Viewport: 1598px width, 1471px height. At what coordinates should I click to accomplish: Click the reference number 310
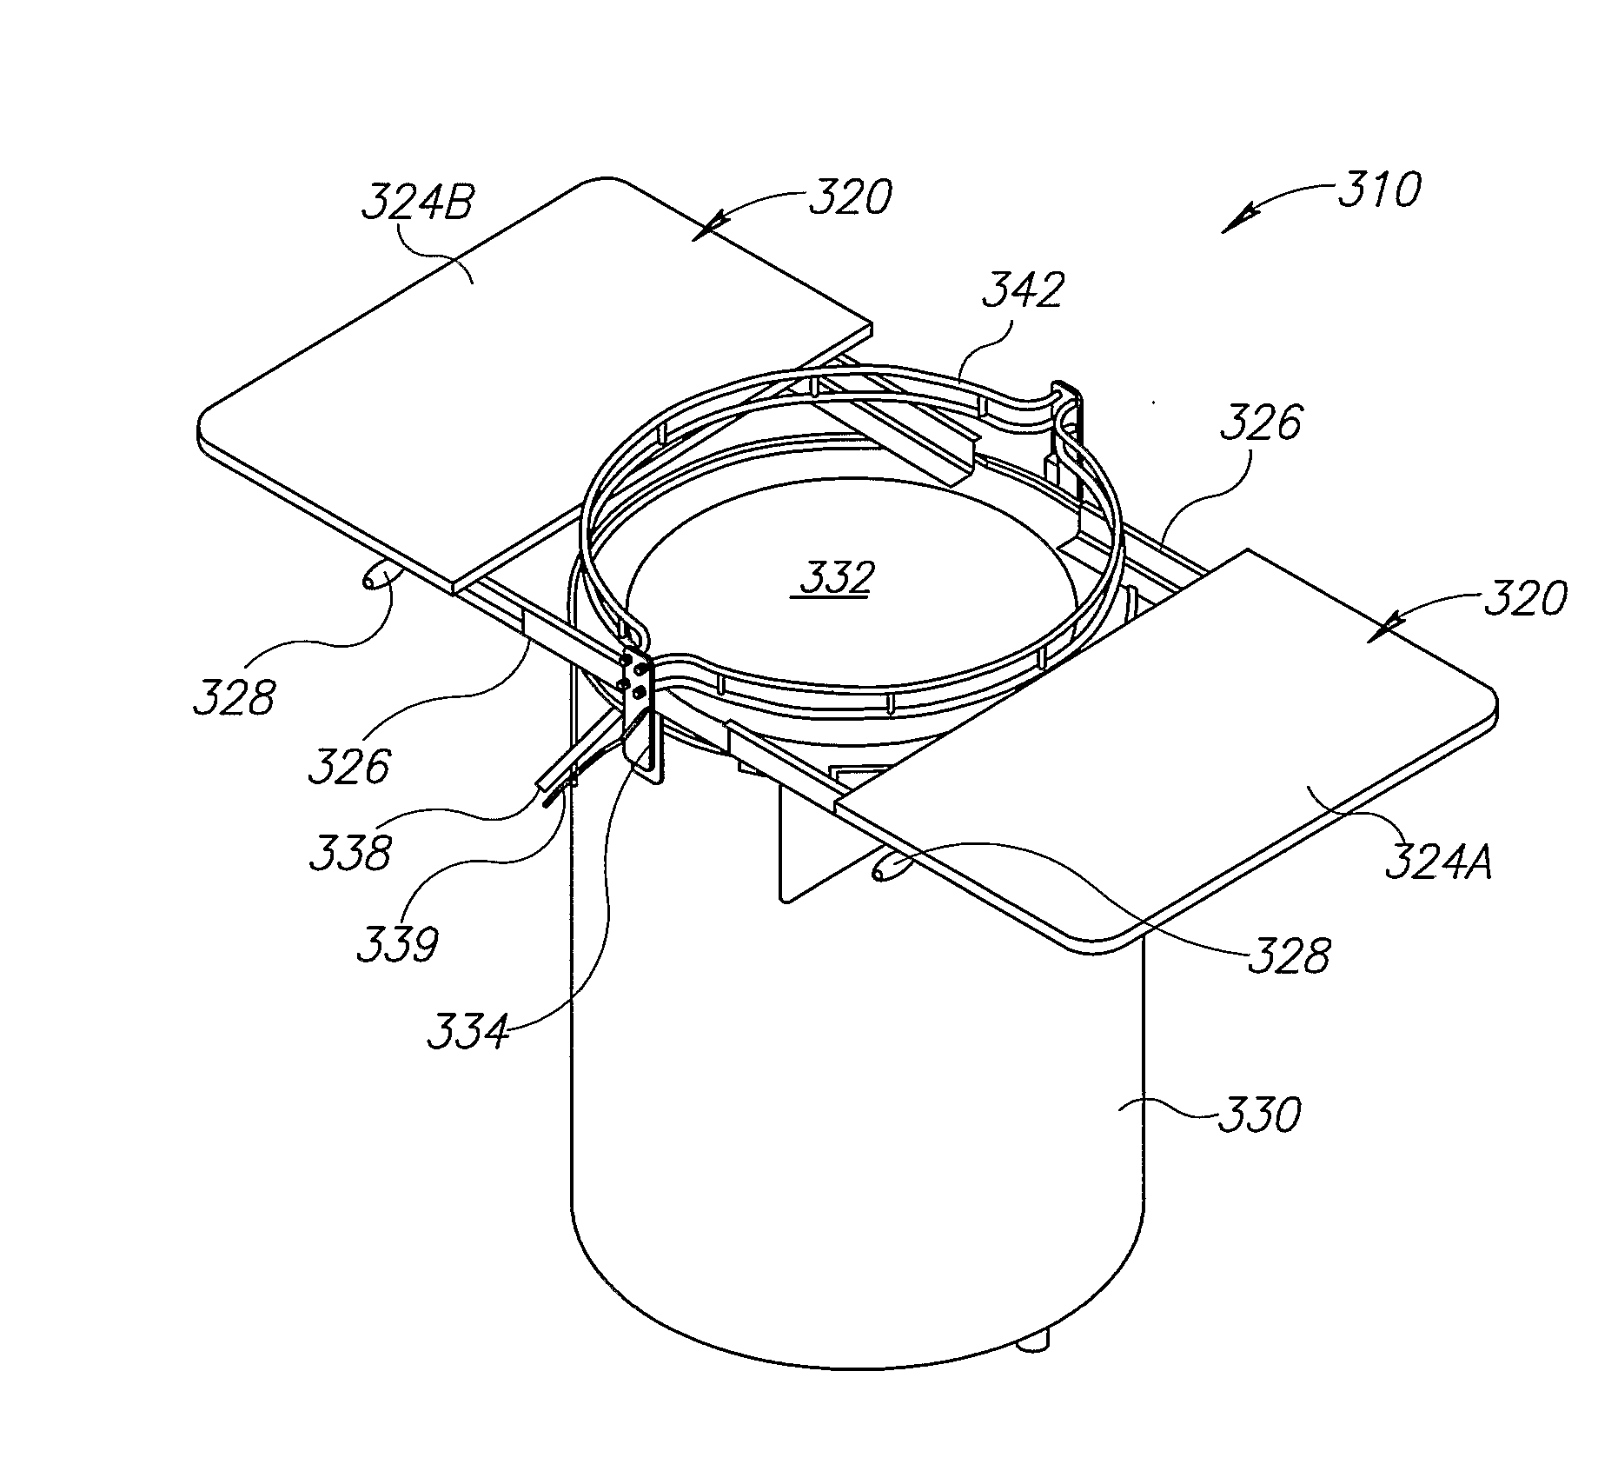[1379, 190]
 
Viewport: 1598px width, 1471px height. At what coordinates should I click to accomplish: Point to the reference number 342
[1023, 290]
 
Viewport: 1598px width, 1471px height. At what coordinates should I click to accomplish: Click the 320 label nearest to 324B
[850, 198]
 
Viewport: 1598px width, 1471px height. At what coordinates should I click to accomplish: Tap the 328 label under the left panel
[234, 696]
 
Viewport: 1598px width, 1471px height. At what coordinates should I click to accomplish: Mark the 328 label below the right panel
[1289, 956]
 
